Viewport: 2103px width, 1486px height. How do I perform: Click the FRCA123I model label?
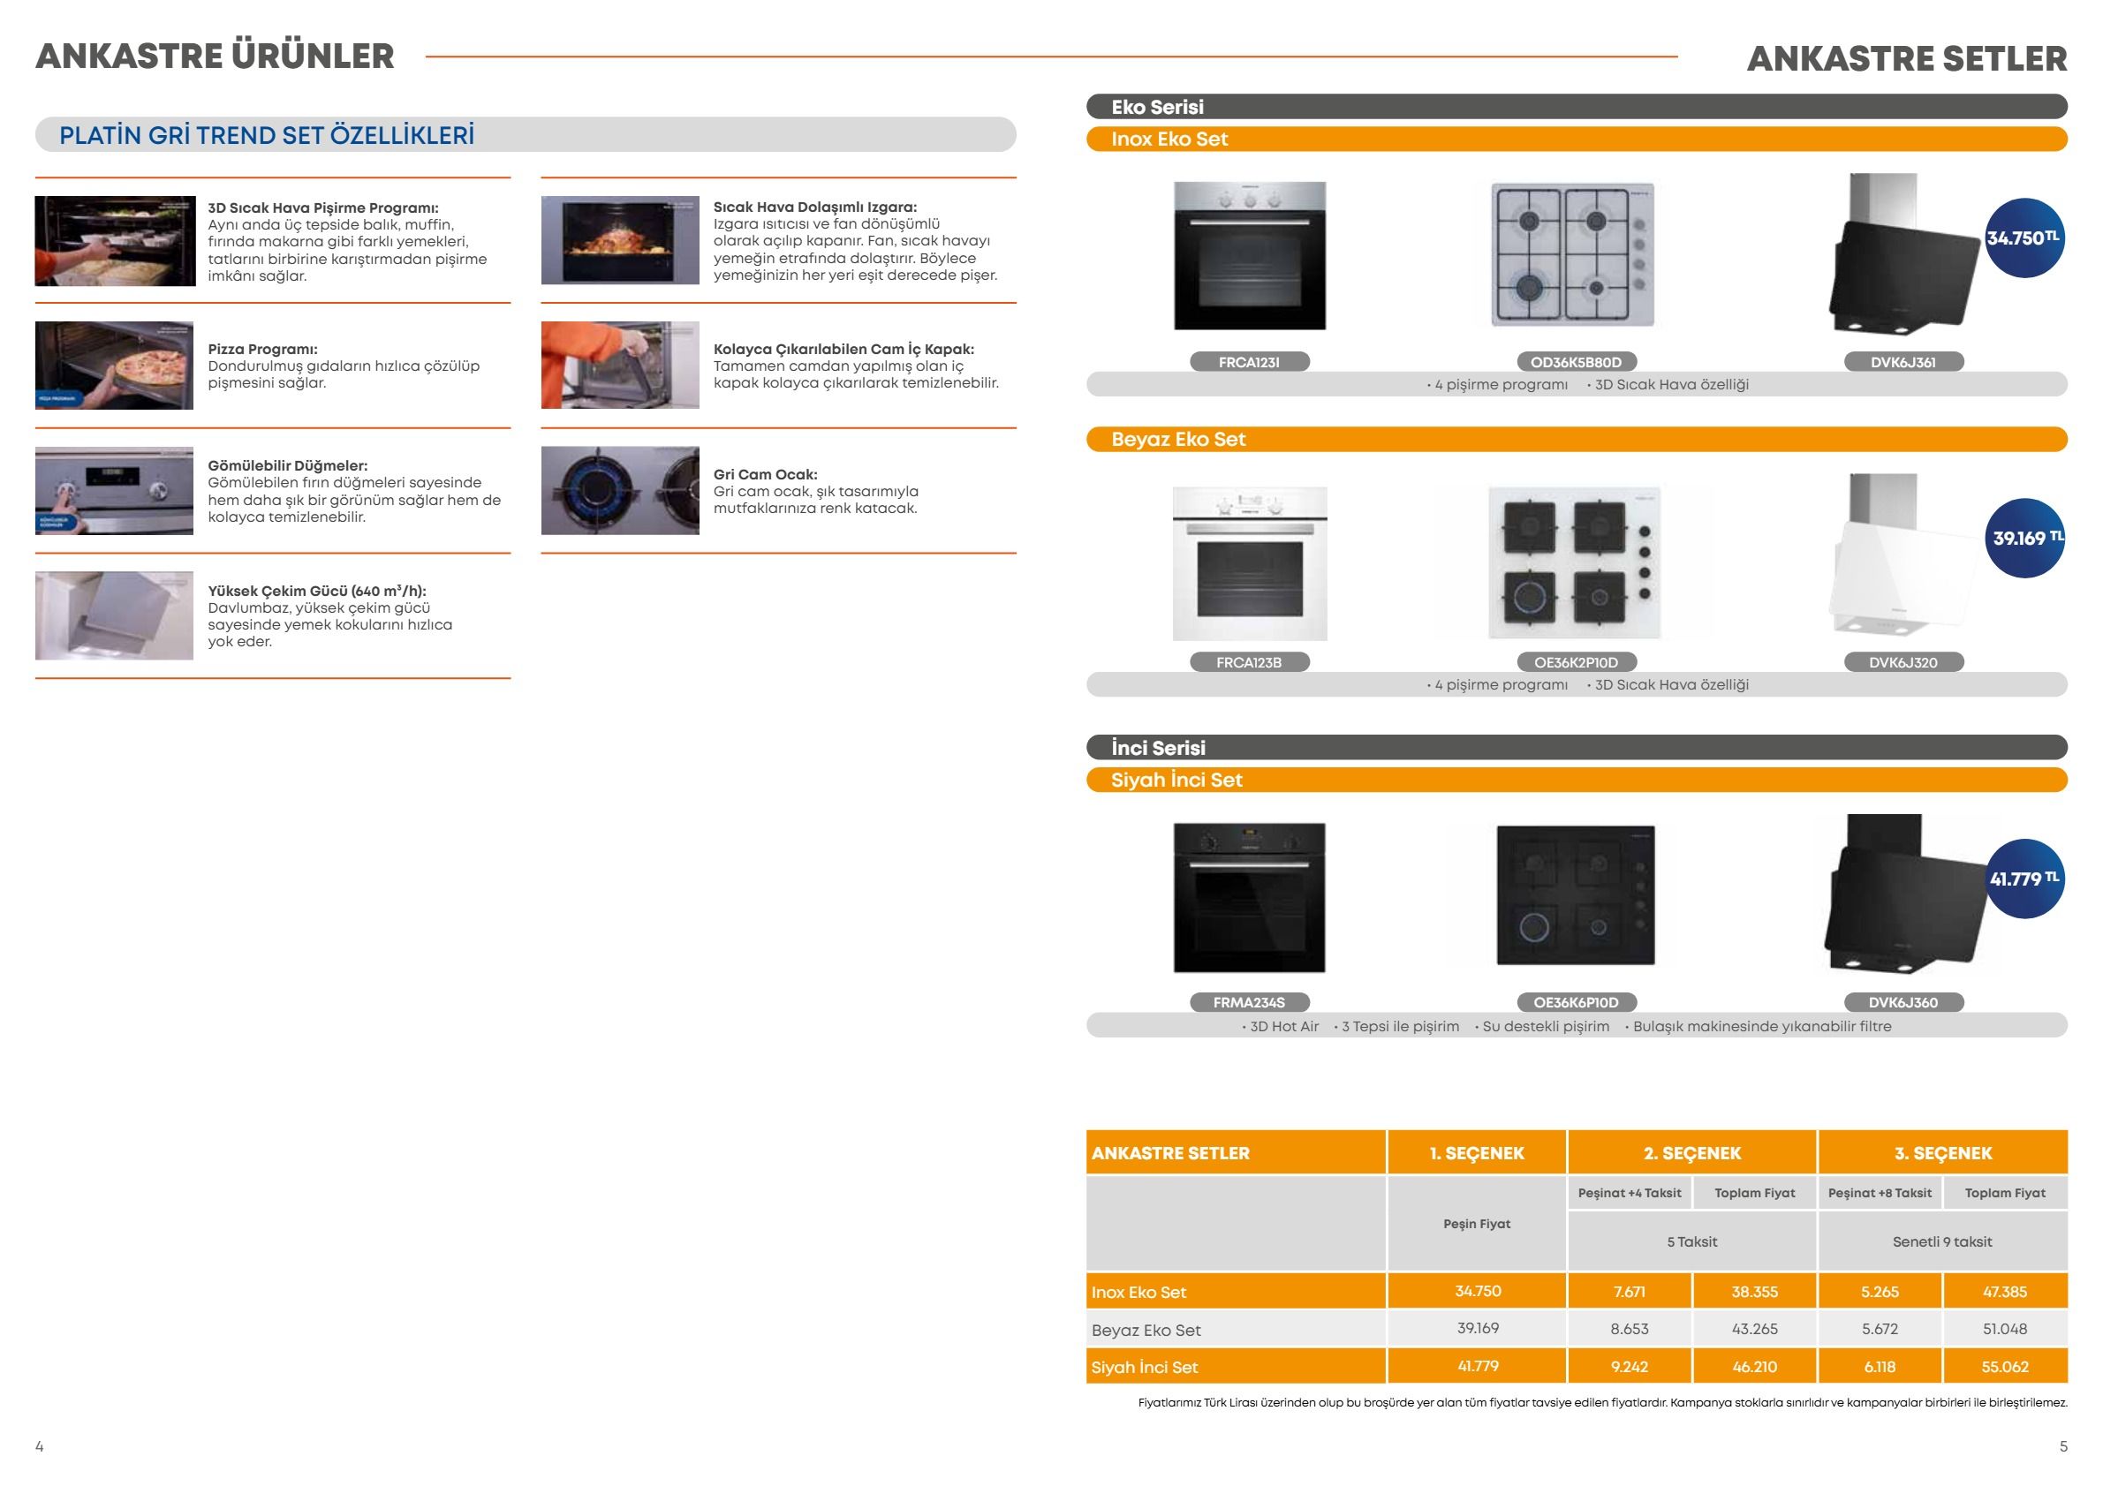click(x=1249, y=363)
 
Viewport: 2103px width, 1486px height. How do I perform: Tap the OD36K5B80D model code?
click(x=1576, y=363)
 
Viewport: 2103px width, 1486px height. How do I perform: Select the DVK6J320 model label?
click(x=1903, y=662)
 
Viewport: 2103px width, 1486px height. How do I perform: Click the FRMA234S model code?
click(x=1249, y=1002)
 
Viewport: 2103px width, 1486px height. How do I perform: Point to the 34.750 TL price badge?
click(x=2024, y=238)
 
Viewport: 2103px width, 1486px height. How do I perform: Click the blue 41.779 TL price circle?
click(x=2024, y=879)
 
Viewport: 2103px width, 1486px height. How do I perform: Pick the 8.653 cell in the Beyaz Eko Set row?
click(x=1630, y=1329)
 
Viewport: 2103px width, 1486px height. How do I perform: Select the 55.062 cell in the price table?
click(x=2005, y=1367)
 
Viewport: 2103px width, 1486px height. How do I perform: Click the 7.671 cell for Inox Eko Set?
click(x=1630, y=1291)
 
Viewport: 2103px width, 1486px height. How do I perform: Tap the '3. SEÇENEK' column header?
click(x=1943, y=1153)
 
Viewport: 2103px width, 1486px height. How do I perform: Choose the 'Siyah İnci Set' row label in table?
click(x=1145, y=1367)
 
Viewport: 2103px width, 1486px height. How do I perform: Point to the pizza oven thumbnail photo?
click(x=115, y=366)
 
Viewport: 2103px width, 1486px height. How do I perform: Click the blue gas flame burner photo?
click(x=620, y=491)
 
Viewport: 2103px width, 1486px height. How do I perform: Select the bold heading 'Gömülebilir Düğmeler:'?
click(x=288, y=466)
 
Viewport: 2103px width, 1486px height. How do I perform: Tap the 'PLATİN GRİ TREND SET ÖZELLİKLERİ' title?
click(x=267, y=135)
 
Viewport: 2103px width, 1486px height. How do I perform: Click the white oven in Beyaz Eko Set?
click(x=1249, y=563)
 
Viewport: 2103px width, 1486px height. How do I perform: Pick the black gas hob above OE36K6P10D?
click(x=1576, y=894)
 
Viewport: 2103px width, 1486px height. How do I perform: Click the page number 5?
click(x=2063, y=1446)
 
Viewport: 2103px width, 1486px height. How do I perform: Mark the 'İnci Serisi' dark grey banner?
click(x=1577, y=747)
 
